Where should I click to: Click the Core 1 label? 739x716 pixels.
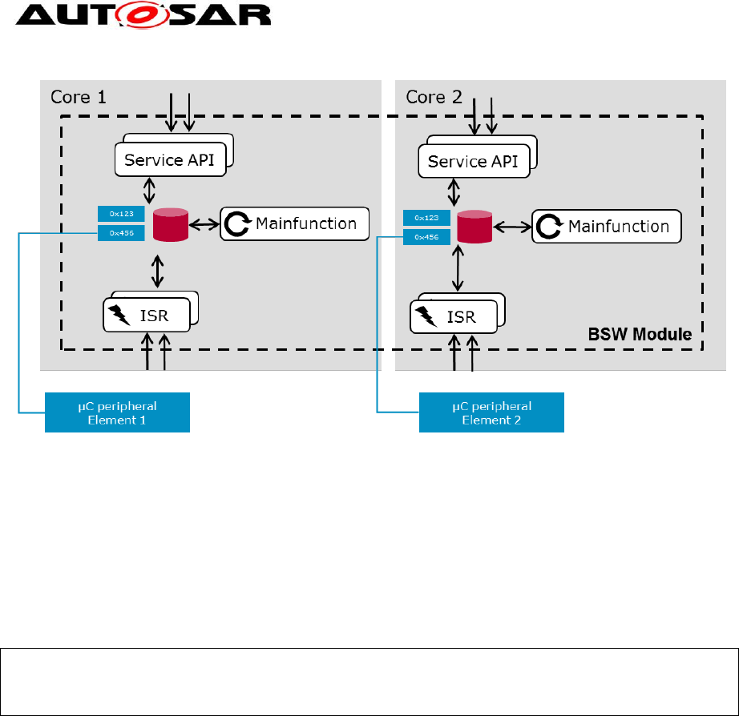pyautogui.click(x=78, y=97)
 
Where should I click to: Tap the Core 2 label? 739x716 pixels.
pyautogui.click(x=434, y=97)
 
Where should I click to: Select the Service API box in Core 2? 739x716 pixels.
pyautogui.click(x=473, y=162)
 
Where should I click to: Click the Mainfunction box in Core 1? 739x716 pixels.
pyautogui.click(x=294, y=223)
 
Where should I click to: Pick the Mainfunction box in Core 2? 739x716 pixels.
pyautogui.click(x=607, y=227)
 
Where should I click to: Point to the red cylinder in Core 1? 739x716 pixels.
pyautogui.click(x=170, y=223)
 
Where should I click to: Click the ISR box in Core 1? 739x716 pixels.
pyautogui.click(x=148, y=315)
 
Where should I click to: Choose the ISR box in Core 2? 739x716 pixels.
pyautogui.click(x=454, y=317)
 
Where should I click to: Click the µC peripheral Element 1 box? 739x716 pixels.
pyautogui.click(x=117, y=412)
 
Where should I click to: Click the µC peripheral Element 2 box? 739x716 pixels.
pyautogui.click(x=491, y=412)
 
